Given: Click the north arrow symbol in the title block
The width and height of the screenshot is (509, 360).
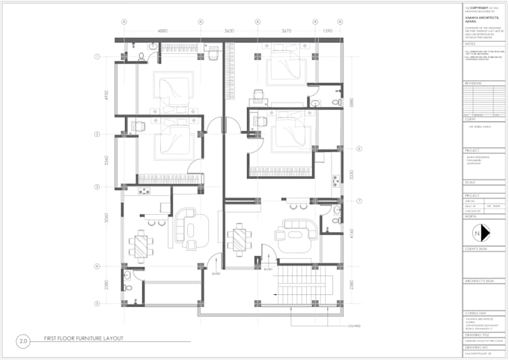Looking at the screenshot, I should tap(484, 232).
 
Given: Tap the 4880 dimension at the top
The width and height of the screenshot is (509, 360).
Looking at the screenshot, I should tap(162, 31).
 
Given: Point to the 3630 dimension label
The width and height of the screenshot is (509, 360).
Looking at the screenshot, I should tap(229, 31).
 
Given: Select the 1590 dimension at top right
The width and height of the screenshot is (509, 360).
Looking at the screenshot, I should tap(327, 31).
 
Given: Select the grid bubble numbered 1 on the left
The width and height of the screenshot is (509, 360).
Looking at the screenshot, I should tap(97, 57).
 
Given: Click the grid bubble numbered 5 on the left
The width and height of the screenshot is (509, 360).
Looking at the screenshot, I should tap(97, 303).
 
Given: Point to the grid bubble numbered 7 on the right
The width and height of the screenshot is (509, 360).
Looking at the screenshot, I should tap(359, 201).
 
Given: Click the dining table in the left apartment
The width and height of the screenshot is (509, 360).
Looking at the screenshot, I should tap(141, 244).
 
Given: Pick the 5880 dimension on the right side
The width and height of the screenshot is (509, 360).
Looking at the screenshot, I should tap(352, 103).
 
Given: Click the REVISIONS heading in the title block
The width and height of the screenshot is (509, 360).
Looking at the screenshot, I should tap(473, 83).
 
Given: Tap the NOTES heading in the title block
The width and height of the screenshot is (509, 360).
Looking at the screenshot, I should tap(469, 44).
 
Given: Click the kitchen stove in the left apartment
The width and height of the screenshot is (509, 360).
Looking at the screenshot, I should tap(143, 192).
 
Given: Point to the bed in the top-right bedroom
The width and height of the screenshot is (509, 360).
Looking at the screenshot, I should tap(284, 65).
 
